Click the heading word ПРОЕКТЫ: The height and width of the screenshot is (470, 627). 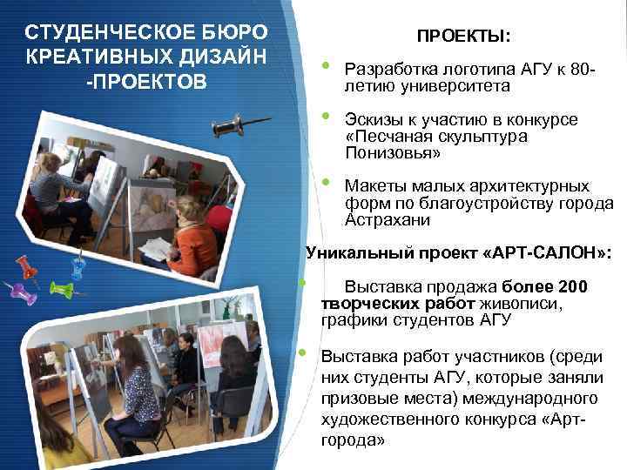pyautogui.click(x=463, y=37)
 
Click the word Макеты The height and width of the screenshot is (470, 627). pyautogui.click(x=372, y=186)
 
